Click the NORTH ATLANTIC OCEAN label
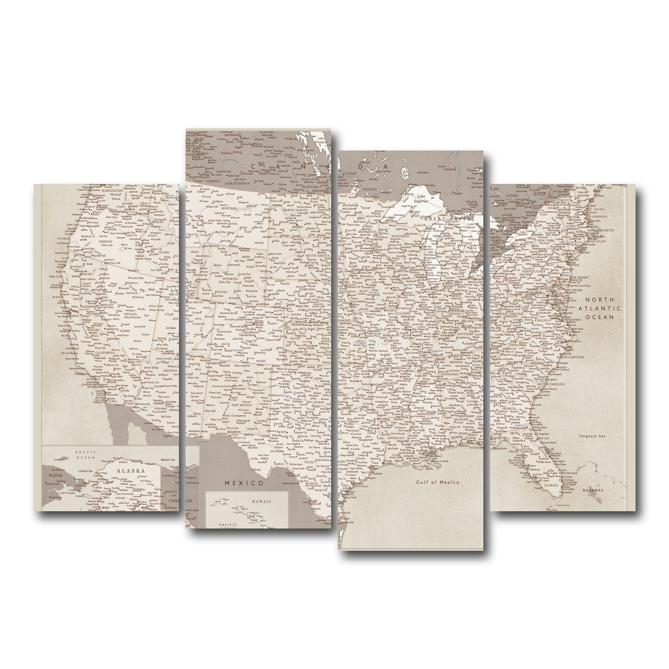(x=599, y=307)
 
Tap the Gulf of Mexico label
(x=437, y=482)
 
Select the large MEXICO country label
(x=243, y=482)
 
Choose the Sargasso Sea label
(x=592, y=436)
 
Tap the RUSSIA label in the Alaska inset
(x=55, y=476)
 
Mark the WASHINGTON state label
(x=112, y=191)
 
